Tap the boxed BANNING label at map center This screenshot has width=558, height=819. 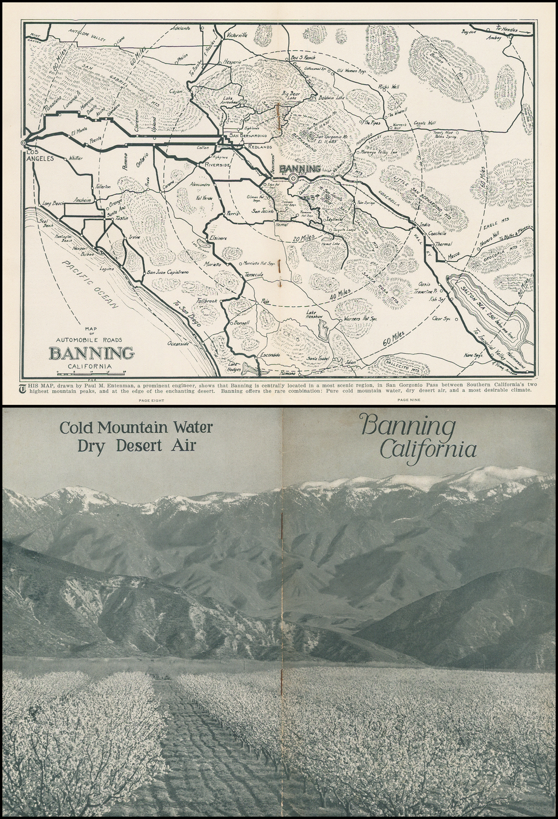tap(299, 169)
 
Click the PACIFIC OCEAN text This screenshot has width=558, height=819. tap(89, 284)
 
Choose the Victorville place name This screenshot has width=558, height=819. tap(236, 35)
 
